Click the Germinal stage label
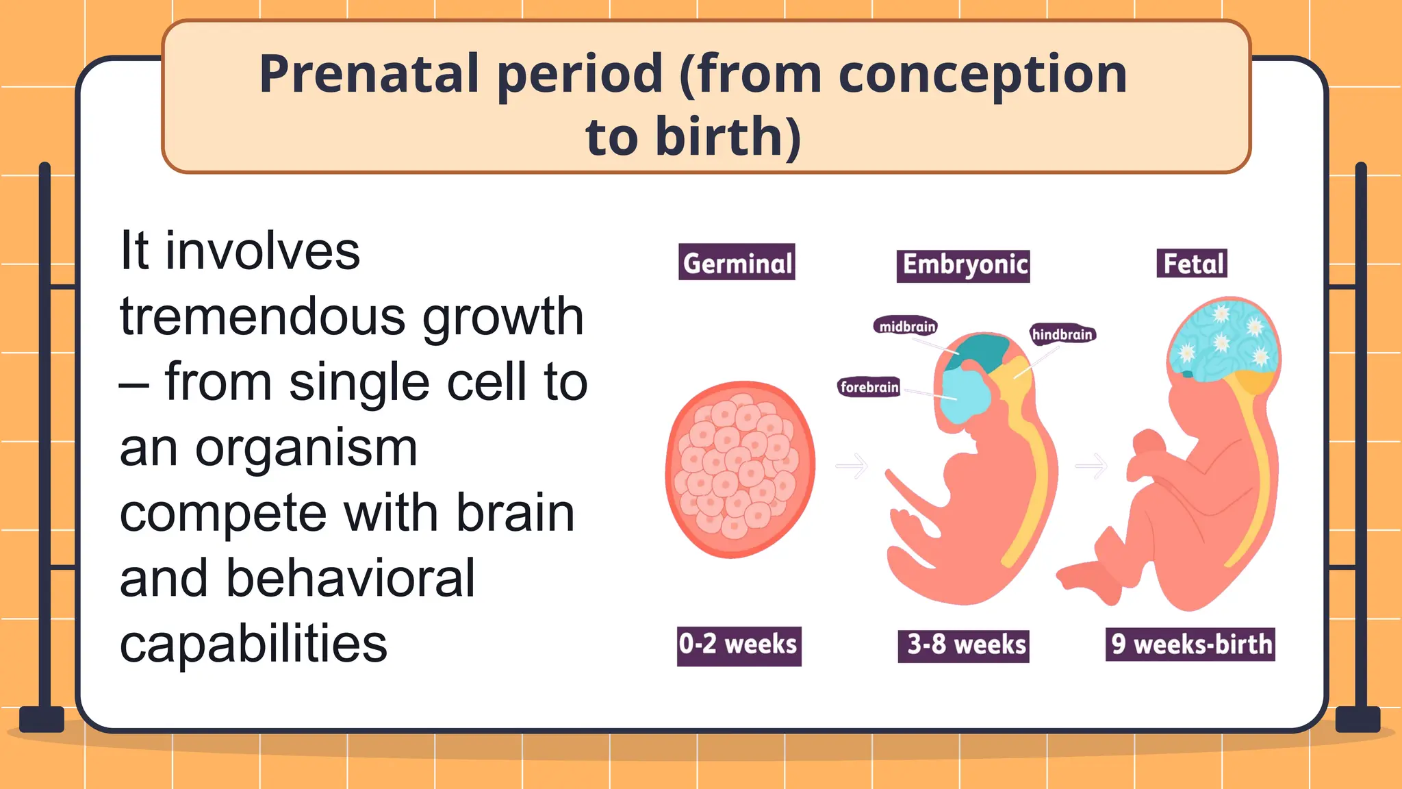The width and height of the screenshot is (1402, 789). [x=737, y=263]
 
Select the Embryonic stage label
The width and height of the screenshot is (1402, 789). [x=963, y=265]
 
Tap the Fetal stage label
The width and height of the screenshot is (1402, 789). [x=1192, y=264]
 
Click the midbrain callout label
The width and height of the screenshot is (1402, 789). [x=906, y=326]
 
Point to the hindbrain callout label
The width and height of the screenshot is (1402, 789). [x=1062, y=334]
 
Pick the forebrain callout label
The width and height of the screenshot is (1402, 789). [x=869, y=387]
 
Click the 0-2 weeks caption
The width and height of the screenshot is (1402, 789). [x=739, y=645]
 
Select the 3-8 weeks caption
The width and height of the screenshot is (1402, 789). [x=964, y=645]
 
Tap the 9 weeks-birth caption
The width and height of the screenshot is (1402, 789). [x=1190, y=644]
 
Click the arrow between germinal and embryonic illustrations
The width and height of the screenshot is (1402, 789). [x=852, y=466]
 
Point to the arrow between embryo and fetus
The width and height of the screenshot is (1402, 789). [x=1091, y=466]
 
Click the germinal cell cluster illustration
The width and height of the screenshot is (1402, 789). [x=740, y=470]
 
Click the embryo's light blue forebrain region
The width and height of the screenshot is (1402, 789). [x=965, y=397]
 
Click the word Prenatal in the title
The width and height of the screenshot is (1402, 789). [x=369, y=74]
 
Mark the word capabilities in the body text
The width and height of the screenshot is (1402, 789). [x=253, y=644]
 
